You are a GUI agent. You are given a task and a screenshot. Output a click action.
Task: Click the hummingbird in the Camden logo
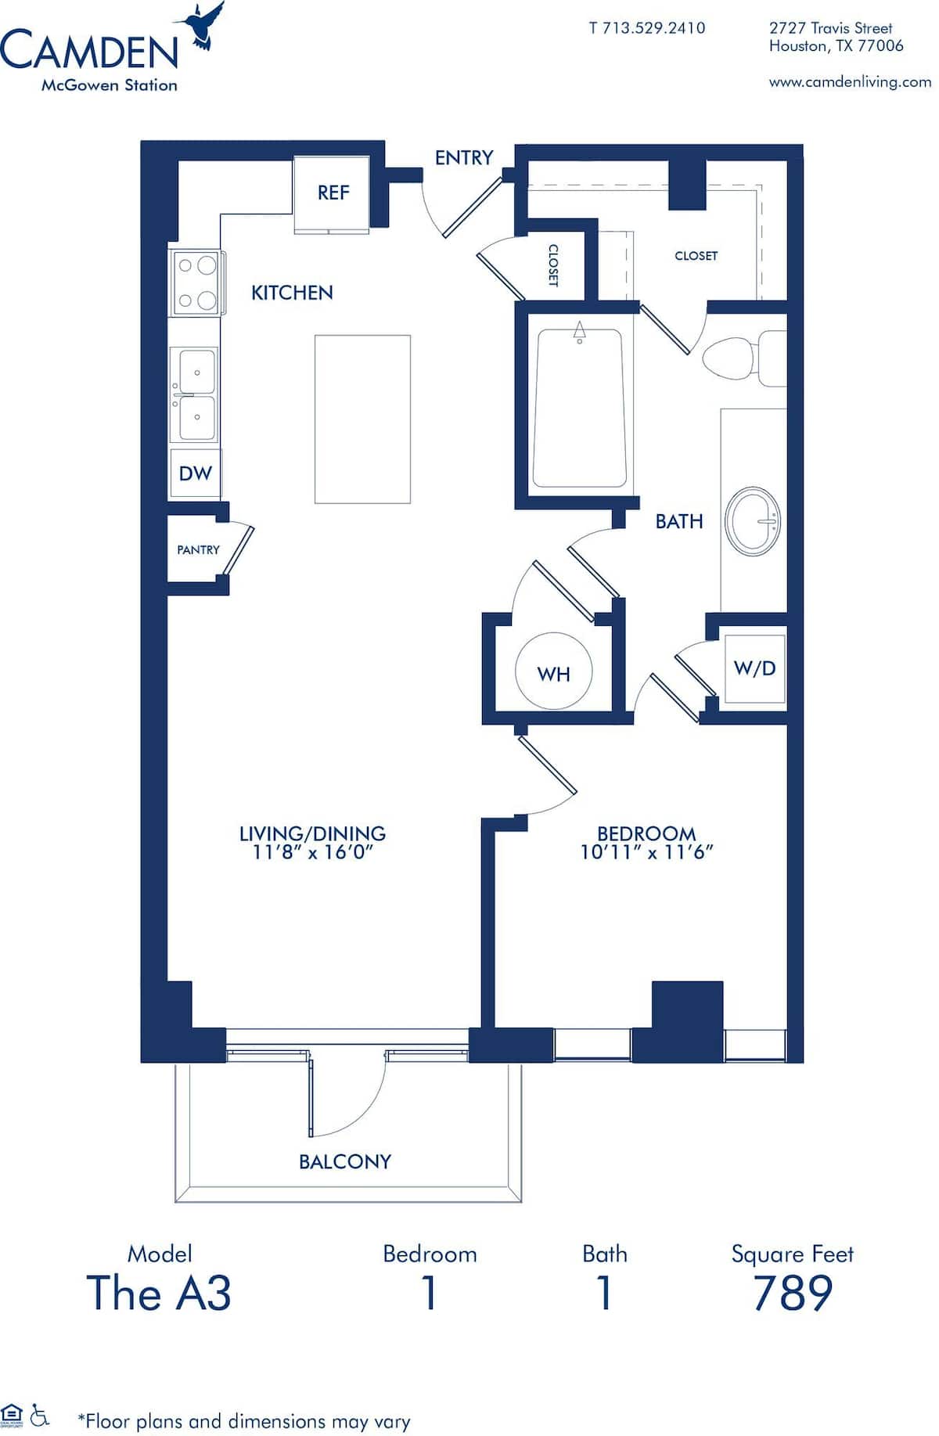pyautogui.click(x=203, y=25)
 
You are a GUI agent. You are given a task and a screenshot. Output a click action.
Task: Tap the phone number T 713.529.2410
pyautogui.click(x=646, y=28)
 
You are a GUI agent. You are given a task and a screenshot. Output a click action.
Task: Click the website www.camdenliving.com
pyautogui.click(x=850, y=81)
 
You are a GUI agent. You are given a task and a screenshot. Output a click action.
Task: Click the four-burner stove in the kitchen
pyautogui.click(x=196, y=283)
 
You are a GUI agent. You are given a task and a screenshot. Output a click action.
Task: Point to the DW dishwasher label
pyautogui.click(x=195, y=473)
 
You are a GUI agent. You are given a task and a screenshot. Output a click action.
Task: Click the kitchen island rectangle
pyautogui.click(x=362, y=419)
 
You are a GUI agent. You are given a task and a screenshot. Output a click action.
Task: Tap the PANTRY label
pyautogui.click(x=198, y=550)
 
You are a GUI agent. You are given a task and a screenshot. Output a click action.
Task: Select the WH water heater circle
pyautogui.click(x=553, y=672)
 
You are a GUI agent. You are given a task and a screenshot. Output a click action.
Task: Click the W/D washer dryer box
pyautogui.click(x=754, y=668)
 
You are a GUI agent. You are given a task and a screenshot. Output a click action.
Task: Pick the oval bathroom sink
pyautogui.click(x=753, y=522)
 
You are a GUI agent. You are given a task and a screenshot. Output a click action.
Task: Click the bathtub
pyautogui.click(x=579, y=408)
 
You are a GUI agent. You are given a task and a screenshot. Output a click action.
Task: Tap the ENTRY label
pyautogui.click(x=463, y=157)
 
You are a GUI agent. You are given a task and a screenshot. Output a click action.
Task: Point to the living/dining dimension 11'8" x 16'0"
pyautogui.click(x=312, y=852)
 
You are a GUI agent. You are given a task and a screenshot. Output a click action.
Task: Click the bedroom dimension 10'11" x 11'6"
pyautogui.click(x=646, y=852)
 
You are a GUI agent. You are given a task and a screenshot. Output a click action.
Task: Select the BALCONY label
pyautogui.click(x=344, y=1161)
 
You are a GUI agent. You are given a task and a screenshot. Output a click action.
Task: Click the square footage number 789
pyautogui.click(x=792, y=1294)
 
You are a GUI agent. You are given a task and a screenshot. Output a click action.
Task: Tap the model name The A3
pyautogui.click(x=159, y=1294)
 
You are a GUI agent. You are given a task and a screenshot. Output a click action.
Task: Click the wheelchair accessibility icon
pyautogui.click(x=39, y=1414)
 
